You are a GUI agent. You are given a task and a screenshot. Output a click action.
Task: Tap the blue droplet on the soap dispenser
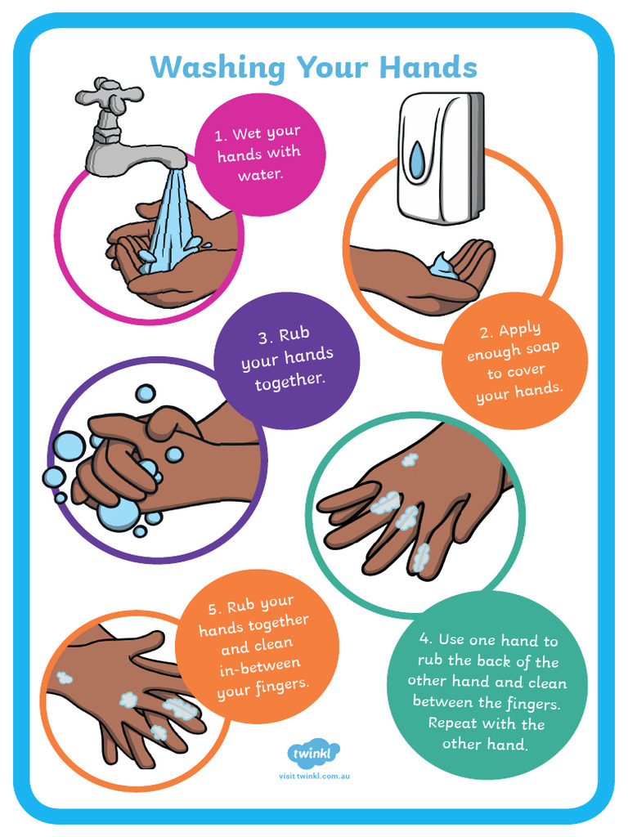(x=417, y=160)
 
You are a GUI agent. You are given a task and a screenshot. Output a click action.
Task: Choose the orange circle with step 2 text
(x=514, y=360)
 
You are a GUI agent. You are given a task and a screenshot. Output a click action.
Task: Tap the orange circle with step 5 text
(x=257, y=646)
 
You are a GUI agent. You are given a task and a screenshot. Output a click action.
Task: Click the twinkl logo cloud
(x=313, y=753)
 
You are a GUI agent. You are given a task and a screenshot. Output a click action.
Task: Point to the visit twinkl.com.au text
(x=314, y=776)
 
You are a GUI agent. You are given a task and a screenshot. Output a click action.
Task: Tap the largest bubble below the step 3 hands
(x=119, y=512)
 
